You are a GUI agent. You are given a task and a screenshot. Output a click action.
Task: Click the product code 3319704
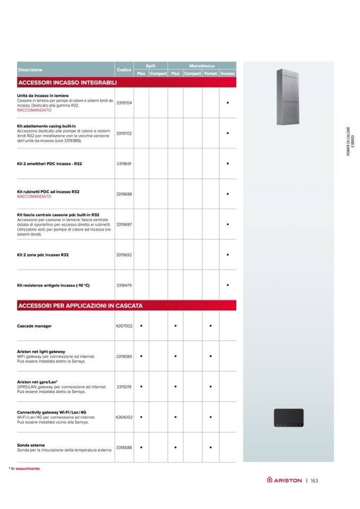(x=124, y=102)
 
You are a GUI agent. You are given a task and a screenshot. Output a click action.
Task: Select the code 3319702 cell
(x=124, y=133)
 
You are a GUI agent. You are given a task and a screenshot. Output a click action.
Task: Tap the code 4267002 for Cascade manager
(x=124, y=326)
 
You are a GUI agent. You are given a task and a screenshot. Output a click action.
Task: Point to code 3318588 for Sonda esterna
(x=124, y=447)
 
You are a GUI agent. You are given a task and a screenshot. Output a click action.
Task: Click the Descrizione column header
(x=30, y=70)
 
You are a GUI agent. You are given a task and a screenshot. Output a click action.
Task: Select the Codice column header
(x=124, y=70)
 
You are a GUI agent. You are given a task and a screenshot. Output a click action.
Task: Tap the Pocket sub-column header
(x=210, y=74)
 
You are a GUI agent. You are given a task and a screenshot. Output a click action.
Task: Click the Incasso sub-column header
(x=228, y=74)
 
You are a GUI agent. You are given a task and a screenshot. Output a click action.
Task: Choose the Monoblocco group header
(x=202, y=65)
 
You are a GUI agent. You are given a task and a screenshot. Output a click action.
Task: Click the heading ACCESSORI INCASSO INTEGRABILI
(x=67, y=83)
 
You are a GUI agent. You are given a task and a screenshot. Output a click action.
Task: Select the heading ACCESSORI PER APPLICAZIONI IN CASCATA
(x=80, y=306)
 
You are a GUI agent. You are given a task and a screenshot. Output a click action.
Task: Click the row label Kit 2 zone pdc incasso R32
(x=42, y=255)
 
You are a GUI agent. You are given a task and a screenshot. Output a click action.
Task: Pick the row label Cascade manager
(x=34, y=326)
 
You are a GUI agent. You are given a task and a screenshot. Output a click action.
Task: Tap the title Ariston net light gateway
(x=41, y=351)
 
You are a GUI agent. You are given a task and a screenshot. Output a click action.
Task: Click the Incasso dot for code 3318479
(x=228, y=286)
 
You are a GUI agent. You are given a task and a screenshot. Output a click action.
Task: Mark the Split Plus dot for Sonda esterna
(x=141, y=447)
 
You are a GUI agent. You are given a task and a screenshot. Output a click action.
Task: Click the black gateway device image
(x=288, y=418)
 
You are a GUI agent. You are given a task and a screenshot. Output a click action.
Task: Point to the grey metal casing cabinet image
(x=288, y=97)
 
